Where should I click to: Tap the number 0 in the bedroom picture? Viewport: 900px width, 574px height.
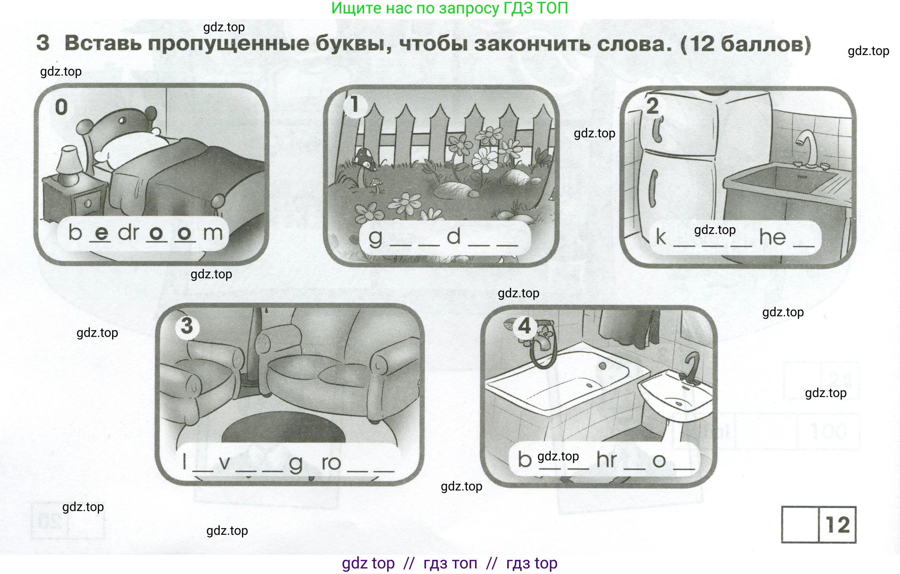click(61, 107)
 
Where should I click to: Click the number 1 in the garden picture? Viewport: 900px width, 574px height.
click(354, 105)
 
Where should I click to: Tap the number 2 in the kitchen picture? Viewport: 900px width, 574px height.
click(652, 106)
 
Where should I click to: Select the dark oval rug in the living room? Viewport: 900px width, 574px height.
click(283, 430)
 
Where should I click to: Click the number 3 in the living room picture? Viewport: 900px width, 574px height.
click(187, 326)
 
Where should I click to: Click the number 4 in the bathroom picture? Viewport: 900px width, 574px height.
click(525, 326)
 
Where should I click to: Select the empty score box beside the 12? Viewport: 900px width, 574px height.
click(800, 525)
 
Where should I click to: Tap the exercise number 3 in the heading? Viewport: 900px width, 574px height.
click(43, 43)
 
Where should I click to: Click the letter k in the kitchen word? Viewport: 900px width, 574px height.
click(660, 237)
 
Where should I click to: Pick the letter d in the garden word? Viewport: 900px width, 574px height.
click(454, 236)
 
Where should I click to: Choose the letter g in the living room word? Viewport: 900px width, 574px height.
click(295, 463)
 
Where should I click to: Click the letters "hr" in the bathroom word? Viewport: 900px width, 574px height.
click(607, 460)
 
